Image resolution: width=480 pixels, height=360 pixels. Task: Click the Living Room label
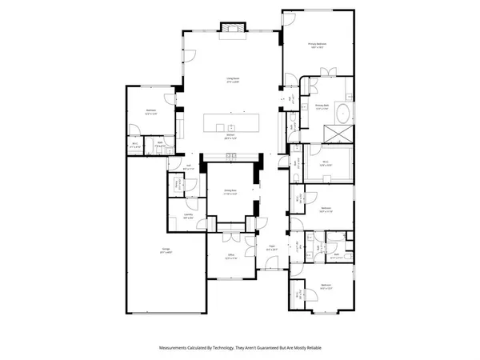[234, 79]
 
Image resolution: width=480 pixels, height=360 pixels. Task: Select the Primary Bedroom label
[321, 46]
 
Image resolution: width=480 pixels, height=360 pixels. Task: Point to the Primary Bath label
[323, 106]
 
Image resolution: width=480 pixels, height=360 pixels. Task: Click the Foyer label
[272, 249]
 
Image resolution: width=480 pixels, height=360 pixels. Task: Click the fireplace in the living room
[233, 30]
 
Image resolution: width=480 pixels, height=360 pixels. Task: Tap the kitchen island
[232, 124]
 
